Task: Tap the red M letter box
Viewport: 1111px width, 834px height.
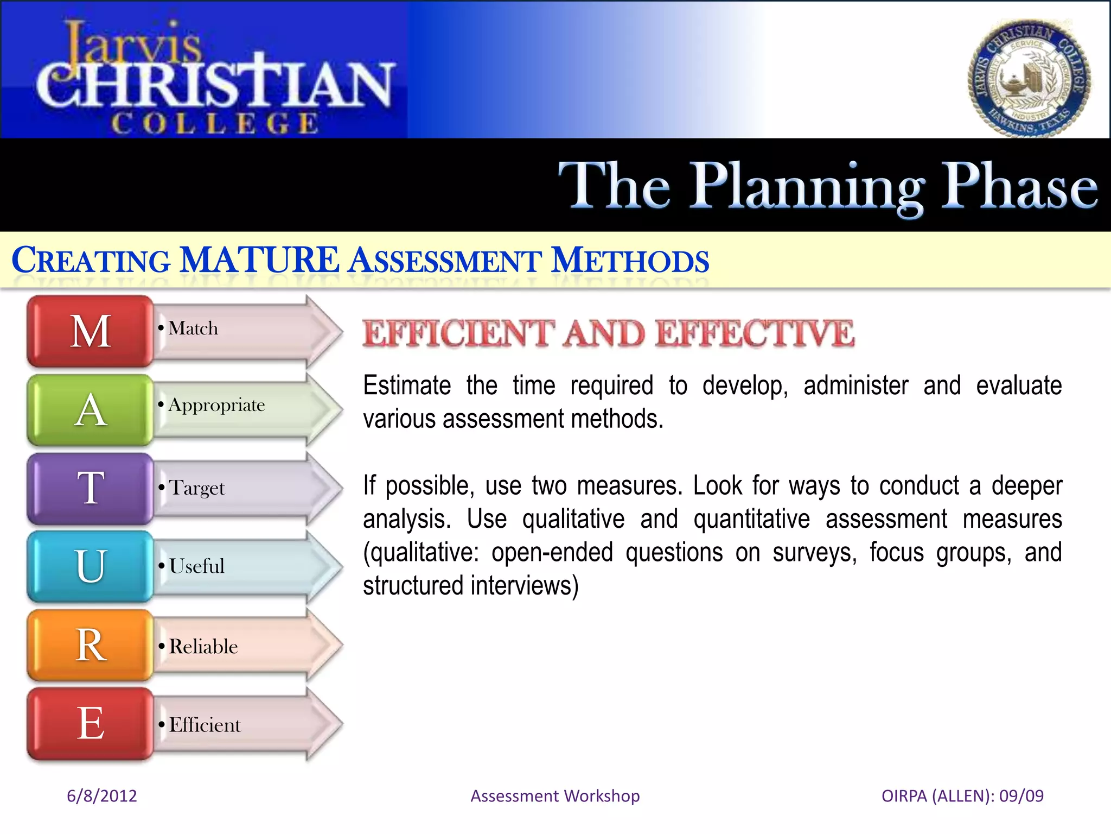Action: click(x=90, y=331)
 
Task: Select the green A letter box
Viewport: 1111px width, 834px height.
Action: click(x=90, y=410)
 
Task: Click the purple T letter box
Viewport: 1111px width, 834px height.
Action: click(x=90, y=488)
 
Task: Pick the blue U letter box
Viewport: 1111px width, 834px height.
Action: click(x=90, y=566)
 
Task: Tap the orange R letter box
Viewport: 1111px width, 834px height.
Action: click(x=90, y=645)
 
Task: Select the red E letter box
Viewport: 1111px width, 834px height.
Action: click(x=90, y=723)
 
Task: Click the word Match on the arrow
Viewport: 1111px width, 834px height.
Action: click(x=193, y=328)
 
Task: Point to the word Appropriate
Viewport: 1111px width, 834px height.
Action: click(x=216, y=406)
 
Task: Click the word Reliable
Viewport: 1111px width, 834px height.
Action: click(x=203, y=647)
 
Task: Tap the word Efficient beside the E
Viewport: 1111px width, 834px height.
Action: click(x=205, y=725)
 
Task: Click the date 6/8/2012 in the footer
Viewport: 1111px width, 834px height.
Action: click(x=101, y=795)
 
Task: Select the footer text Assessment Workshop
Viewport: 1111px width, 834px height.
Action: click(x=555, y=795)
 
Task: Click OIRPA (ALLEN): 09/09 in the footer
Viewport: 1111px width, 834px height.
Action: click(x=962, y=795)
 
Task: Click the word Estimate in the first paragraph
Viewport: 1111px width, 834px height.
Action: click(x=407, y=386)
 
